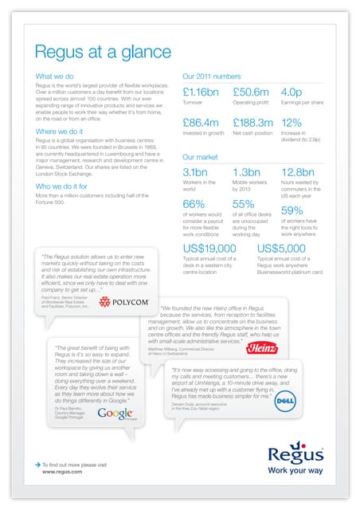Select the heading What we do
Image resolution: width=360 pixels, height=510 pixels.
pos(54,77)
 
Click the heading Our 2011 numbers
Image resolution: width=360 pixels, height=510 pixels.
pos(212,77)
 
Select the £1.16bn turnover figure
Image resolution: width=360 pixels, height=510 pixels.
pos(201,92)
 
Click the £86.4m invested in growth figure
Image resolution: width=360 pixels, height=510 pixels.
pos(202,124)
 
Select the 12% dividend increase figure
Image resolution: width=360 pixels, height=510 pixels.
pos(292,124)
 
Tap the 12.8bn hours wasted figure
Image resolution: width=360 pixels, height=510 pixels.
pos(299,172)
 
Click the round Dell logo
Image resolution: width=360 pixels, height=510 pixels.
pos(285,405)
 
